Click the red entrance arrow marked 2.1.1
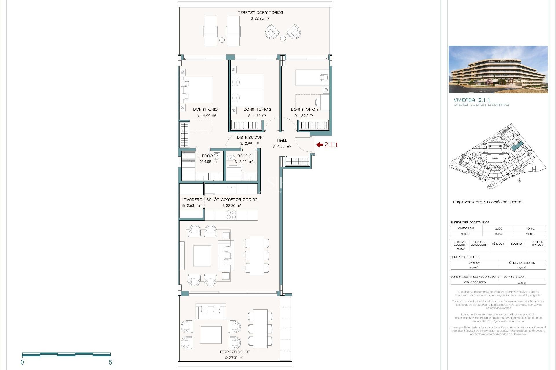[x=319, y=145]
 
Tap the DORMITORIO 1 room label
[x=207, y=110]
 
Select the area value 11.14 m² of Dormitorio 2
[x=257, y=115]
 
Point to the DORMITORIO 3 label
[x=304, y=110]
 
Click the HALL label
[x=282, y=140]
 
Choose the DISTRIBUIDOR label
[x=250, y=138]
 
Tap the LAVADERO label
[x=192, y=200]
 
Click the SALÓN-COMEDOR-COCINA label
[x=232, y=200]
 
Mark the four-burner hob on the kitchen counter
[x=231, y=215]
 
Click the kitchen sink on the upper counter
[x=231, y=190]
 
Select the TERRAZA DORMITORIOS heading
[x=260, y=12]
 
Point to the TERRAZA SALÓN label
[x=235, y=352]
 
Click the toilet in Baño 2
[x=231, y=158]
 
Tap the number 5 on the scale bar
[x=110, y=362]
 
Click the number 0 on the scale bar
[x=22, y=362]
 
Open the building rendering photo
[x=498, y=69]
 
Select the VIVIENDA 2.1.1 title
[x=472, y=100]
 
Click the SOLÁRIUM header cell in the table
[x=517, y=244]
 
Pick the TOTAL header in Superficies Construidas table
[x=530, y=228]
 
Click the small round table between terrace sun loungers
[x=222, y=40]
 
